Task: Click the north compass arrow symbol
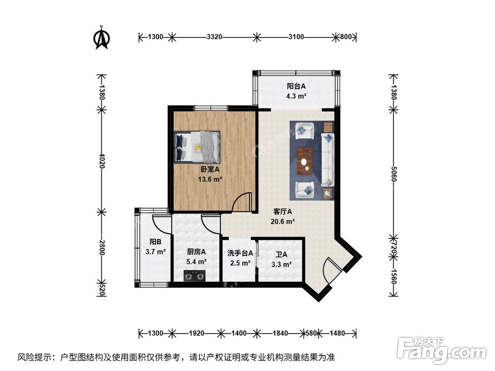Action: coord(102,38)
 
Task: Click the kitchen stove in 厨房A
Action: coord(194,276)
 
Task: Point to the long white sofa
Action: coord(328,158)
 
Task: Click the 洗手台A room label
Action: coord(240,253)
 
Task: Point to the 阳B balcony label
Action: coord(155,242)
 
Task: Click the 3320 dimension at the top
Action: coord(214,37)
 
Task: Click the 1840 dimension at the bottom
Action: coord(280,333)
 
